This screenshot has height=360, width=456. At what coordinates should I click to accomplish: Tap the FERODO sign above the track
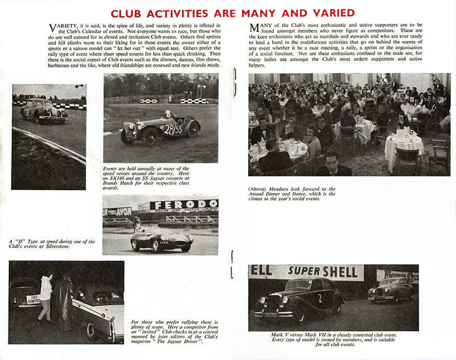[x=183, y=205]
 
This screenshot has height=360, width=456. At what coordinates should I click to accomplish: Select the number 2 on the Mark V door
[x=319, y=297]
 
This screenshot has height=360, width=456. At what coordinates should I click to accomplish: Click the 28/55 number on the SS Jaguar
[x=173, y=129]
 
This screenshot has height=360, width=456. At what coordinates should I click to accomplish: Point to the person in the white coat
[x=46, y=297]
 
